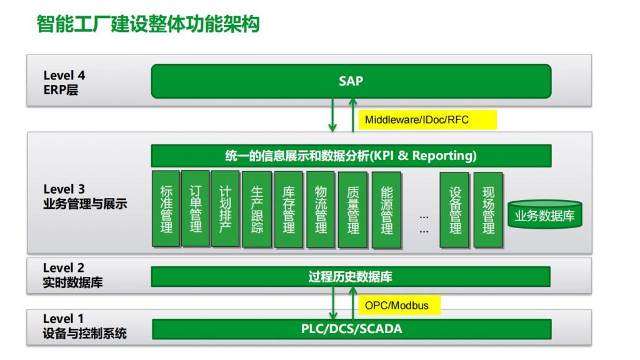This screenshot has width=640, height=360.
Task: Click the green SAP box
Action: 351,81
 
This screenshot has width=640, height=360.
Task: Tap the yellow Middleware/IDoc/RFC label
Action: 427,119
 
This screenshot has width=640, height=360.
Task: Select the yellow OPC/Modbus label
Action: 399,305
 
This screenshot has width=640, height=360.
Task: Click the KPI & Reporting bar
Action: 351,156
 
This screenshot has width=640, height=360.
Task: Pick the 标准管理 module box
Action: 166,209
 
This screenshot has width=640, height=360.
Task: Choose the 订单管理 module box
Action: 196,209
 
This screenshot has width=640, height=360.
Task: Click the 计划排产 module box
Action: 225,209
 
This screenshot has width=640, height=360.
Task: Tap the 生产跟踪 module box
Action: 257,209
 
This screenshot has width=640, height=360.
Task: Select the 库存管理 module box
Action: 289,209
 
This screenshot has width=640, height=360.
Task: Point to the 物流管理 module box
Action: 321,209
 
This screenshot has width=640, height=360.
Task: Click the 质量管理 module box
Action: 353,209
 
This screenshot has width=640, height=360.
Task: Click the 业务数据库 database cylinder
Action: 545,214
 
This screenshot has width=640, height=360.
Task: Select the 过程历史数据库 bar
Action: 351,277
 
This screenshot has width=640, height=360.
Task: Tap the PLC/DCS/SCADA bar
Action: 352,329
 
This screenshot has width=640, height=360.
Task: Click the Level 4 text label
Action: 64,76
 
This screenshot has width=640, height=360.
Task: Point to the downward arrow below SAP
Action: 332,115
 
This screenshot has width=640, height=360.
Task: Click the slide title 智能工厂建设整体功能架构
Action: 148,24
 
